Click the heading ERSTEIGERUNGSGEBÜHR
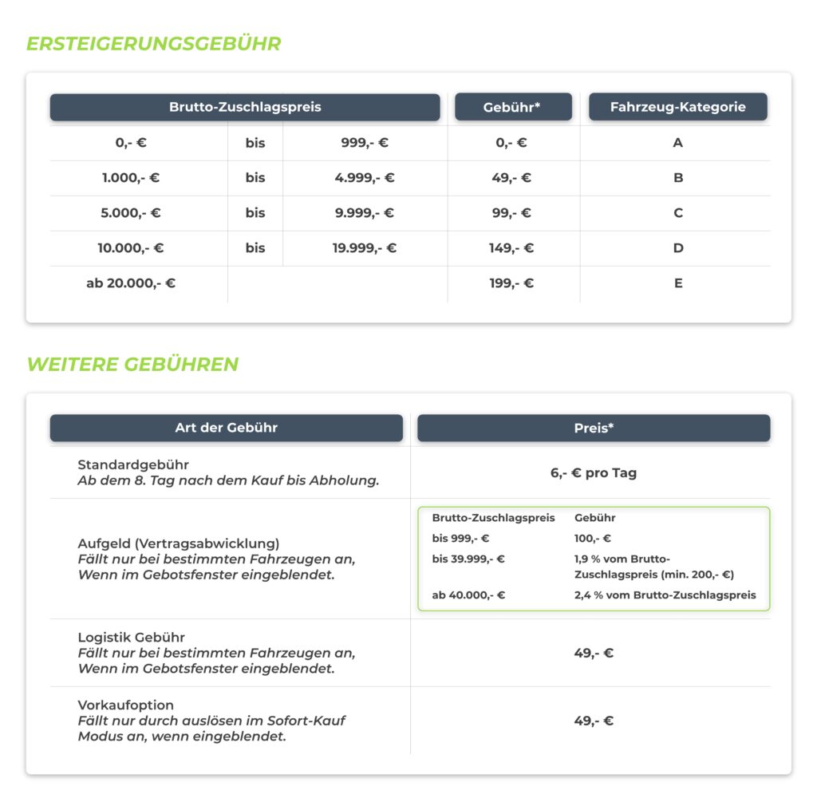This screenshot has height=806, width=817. pyautogui.click(x=154, y=44)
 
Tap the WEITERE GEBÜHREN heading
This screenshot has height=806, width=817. pyautogui.click(x=132, y=365)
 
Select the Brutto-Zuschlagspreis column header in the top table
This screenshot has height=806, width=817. pyautogui.click(x=245, y=107)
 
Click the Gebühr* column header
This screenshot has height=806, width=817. pyautogui.click(x=512, y=107)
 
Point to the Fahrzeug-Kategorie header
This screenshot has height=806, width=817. pyautogui.click(x=677, y=107)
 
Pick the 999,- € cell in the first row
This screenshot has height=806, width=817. pyautogui.click(x=365, y=143)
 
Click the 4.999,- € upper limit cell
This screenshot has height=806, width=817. pyautogui.click(x=365, y=178)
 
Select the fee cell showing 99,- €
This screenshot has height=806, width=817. pyautogui.click(x=511, y=213)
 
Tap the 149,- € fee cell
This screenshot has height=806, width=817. pyautogui.click(x=511, y=248)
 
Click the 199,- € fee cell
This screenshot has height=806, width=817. pyautogui.click(x=511, y=283)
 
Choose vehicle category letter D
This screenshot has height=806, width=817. pyautogui.click(x=677, y=248)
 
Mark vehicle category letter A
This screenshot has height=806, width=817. pyautogui.click(x=677, y=143)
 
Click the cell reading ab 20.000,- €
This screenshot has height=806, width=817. pyautogui.click(x=131, y=283)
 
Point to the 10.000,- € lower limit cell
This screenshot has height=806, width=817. pyautogui.click(x=131, y=248)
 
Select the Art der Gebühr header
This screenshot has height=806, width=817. pyautogui.click(x=226, y=428)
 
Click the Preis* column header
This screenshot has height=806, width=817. pyautogui.click(x=594, y=428)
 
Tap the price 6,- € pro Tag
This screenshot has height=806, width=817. pyautogui.click(x=594, y=472)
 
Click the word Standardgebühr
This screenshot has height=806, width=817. pyautogui.click(x=133, y=464)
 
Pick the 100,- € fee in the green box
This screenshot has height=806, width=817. pyautogui.click(x=593, y=539)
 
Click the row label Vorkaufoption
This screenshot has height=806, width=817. pyautogui.click(x=125, y=705)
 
